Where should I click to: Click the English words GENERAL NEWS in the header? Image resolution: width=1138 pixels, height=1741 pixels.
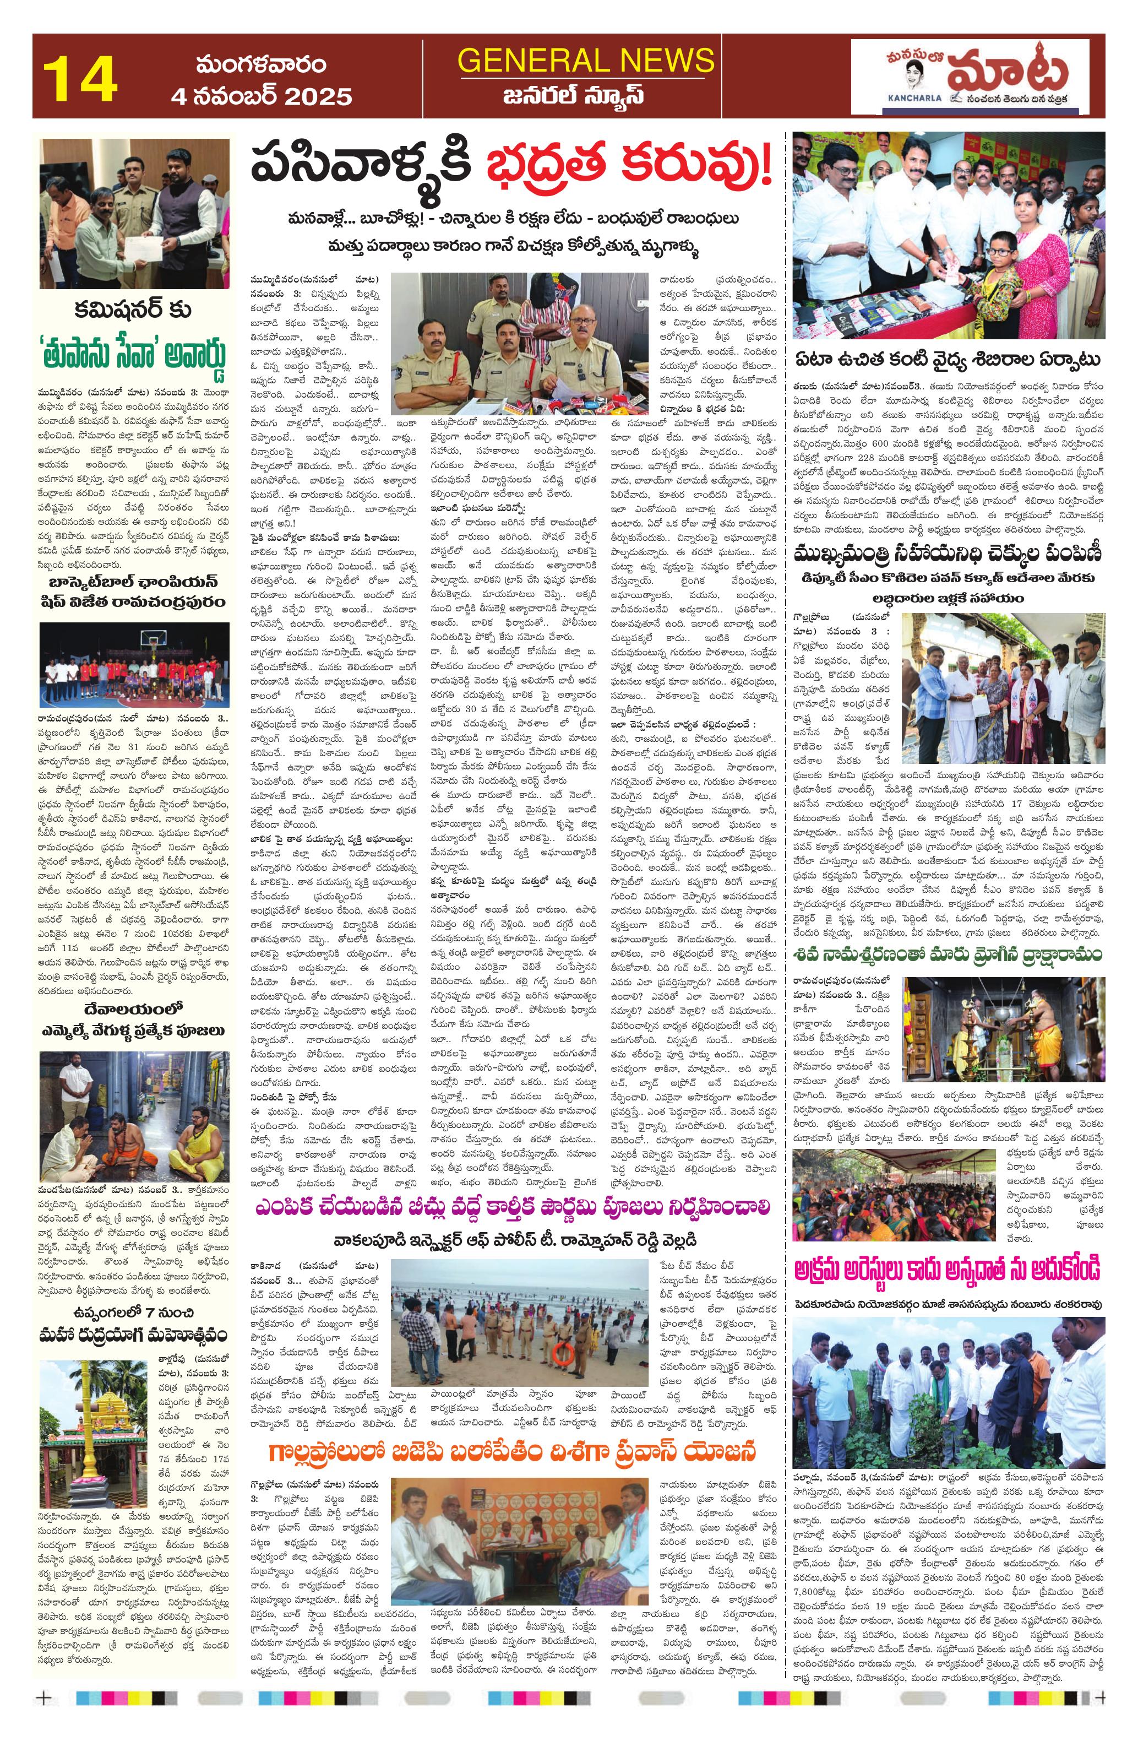click(585, 60)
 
